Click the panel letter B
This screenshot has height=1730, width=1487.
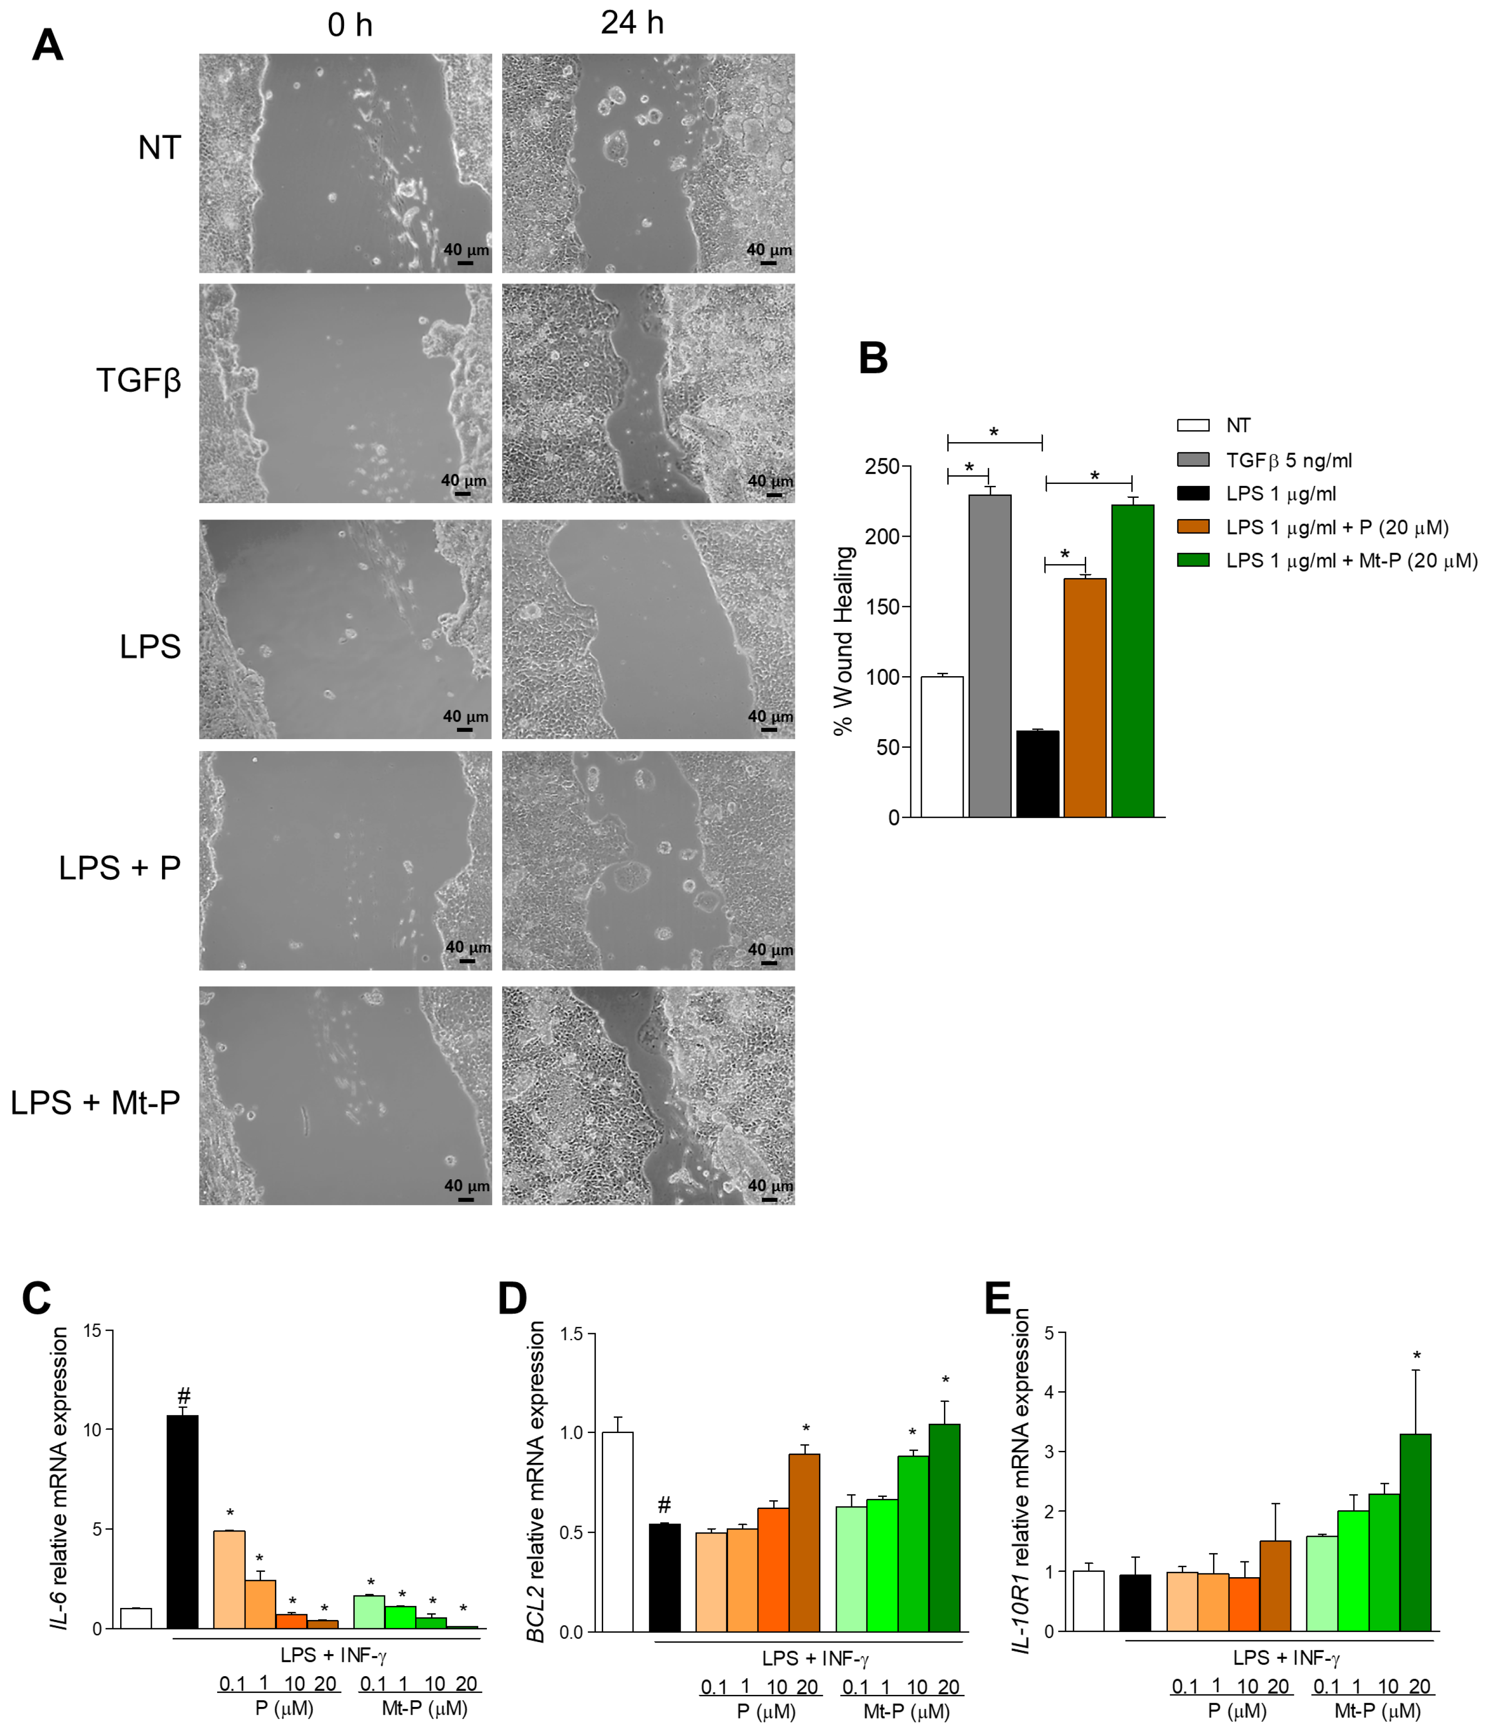(x=872, y=358)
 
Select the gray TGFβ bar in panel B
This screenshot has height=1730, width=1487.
(x=990, y=655)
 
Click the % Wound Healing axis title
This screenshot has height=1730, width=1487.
(x=844, y=641)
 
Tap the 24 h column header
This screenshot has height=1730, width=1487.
(x=632, y=24)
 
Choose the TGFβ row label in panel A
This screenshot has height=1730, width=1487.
(x=138, y=381)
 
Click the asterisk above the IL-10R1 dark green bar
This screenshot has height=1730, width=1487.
(x=1416, y=1356)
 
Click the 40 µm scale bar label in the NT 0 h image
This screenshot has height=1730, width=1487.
(x=466, y=249)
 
